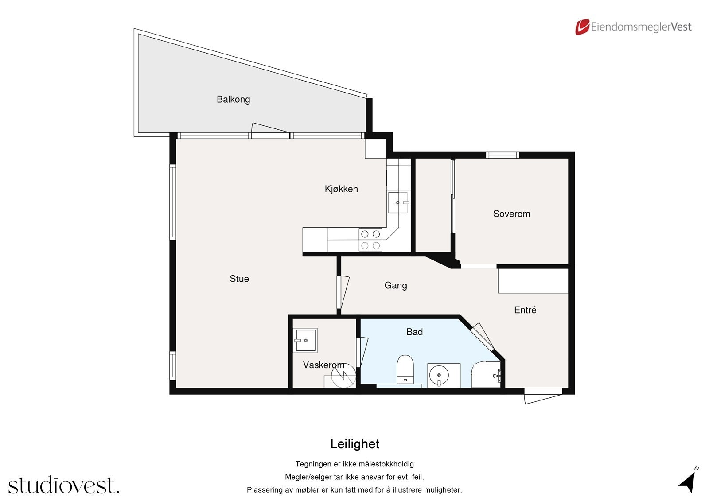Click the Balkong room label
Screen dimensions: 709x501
pyautogui.click(x=233, y=99)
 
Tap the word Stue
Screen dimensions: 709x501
pyautogui.click(x=239, y=279)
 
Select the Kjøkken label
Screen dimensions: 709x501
pyautogui.click(x=341, y=189)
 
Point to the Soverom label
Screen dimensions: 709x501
pyautogui.click(x=511, y=214)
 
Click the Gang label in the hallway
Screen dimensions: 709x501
pyautogui.click(x=396, y=285)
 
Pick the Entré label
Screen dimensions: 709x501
pyautogui.click(x=525, y=310)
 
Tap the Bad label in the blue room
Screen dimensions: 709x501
pyautogui.click(x=415, y=332)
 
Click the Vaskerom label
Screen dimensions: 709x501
pyautogui.click(x=323, y=365)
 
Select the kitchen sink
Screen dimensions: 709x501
pyautogui.click(x=398, y=202)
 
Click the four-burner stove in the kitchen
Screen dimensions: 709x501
pyautogui.click(x=370, y=240)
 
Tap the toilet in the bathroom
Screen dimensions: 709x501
pyautogui.click(x=405, y=369)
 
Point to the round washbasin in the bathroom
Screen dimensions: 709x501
pyautogui.click(x=439, y=376)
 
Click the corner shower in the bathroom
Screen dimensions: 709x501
pyautogui.click(x=486, y=374)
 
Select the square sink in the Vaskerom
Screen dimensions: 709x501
pyautogui.click(x=305, y=340)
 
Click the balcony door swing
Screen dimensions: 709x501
pyautogui.click(x=270, y=130)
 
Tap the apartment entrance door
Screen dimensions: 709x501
pyautogui.click(x=543, y=397)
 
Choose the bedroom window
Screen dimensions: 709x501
pyautogui.click(x=503, y=155)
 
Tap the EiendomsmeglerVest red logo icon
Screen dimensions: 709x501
pyautogui.click(x=582, y=27)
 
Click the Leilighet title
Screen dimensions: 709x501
pyautogui.click(x=354, y=444)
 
